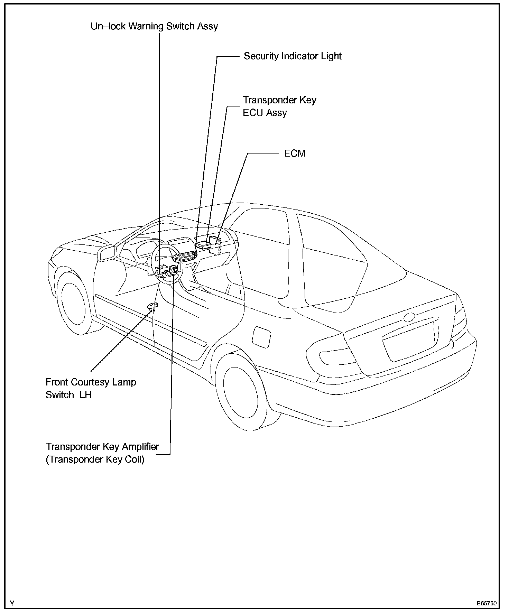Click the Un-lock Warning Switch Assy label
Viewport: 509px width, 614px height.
click(x=154, y=26)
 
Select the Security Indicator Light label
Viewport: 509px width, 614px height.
click(x=293, y=56)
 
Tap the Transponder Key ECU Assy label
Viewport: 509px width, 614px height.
click(x=279, y=106)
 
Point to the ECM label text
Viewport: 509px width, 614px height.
click(x=295, y=153)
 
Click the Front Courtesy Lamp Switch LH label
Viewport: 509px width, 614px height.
click(x=91, y=388)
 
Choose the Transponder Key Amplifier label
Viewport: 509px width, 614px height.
click(x=102, y=447)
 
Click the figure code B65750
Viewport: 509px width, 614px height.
click(x=487, y=604)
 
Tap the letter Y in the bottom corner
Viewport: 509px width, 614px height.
click(x=12, y=604)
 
